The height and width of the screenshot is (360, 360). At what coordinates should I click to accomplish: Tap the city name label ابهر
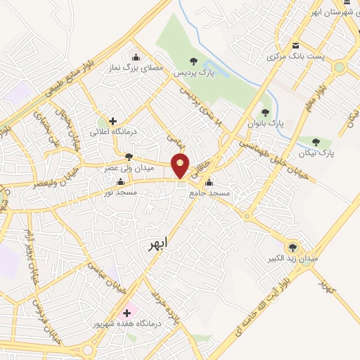point(159,243)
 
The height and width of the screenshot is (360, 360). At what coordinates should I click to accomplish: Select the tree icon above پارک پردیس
point(194,61)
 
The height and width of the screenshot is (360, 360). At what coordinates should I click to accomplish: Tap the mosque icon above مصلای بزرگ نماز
point(135,58)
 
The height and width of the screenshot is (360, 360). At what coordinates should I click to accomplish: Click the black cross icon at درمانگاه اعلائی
point(112,121)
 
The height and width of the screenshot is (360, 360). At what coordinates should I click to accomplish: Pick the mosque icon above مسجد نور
point(120,182)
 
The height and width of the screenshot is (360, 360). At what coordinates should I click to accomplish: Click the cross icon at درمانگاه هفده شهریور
point(127,312)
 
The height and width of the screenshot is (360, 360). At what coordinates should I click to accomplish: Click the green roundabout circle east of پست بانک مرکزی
point(340,67)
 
